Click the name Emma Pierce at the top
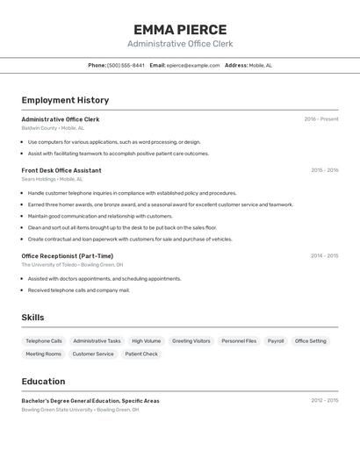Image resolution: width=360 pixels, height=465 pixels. click(x=180, y=30)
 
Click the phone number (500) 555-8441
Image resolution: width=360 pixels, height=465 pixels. click(x=126, y=65)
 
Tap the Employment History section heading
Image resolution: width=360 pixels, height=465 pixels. click(x=65, y=100)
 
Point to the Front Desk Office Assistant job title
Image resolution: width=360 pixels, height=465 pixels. click(x=61, y=170)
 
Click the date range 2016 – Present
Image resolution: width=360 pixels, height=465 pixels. click(x=321, y=119)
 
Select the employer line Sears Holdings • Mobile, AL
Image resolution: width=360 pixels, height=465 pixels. click(x=53, y=179)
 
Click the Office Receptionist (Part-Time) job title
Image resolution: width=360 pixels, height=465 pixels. click(x=68, y=256)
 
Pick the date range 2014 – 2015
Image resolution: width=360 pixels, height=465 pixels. click(x=324, y=256)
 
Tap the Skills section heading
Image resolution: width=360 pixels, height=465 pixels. click(x=32, y=318)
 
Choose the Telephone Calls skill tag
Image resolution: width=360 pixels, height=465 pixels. click(x=44, y=340)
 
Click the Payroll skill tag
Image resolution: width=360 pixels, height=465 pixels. click(x=276, y=340)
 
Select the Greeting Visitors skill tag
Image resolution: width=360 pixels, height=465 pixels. click(x=191, y=340)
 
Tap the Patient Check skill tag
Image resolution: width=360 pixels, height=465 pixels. click(x=141, y=354)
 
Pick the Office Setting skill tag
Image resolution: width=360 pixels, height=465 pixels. click(x=310, y=340)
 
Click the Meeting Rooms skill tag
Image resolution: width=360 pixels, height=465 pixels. click(x=43, y=354)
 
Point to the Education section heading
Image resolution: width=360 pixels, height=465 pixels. click(x=43, y=382)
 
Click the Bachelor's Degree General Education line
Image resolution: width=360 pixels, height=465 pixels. click(x=90, y=401)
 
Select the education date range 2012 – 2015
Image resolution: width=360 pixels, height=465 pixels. click(x=324, y=400)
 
